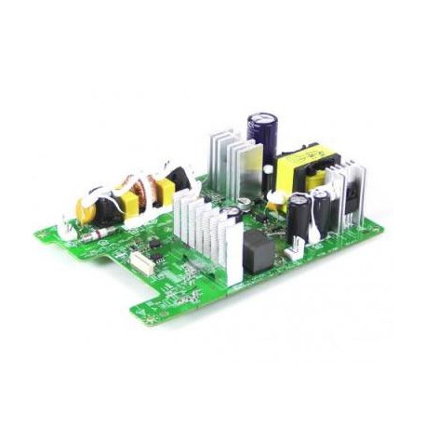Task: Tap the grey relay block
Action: point(258,250)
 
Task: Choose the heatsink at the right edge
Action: point(354,194)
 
